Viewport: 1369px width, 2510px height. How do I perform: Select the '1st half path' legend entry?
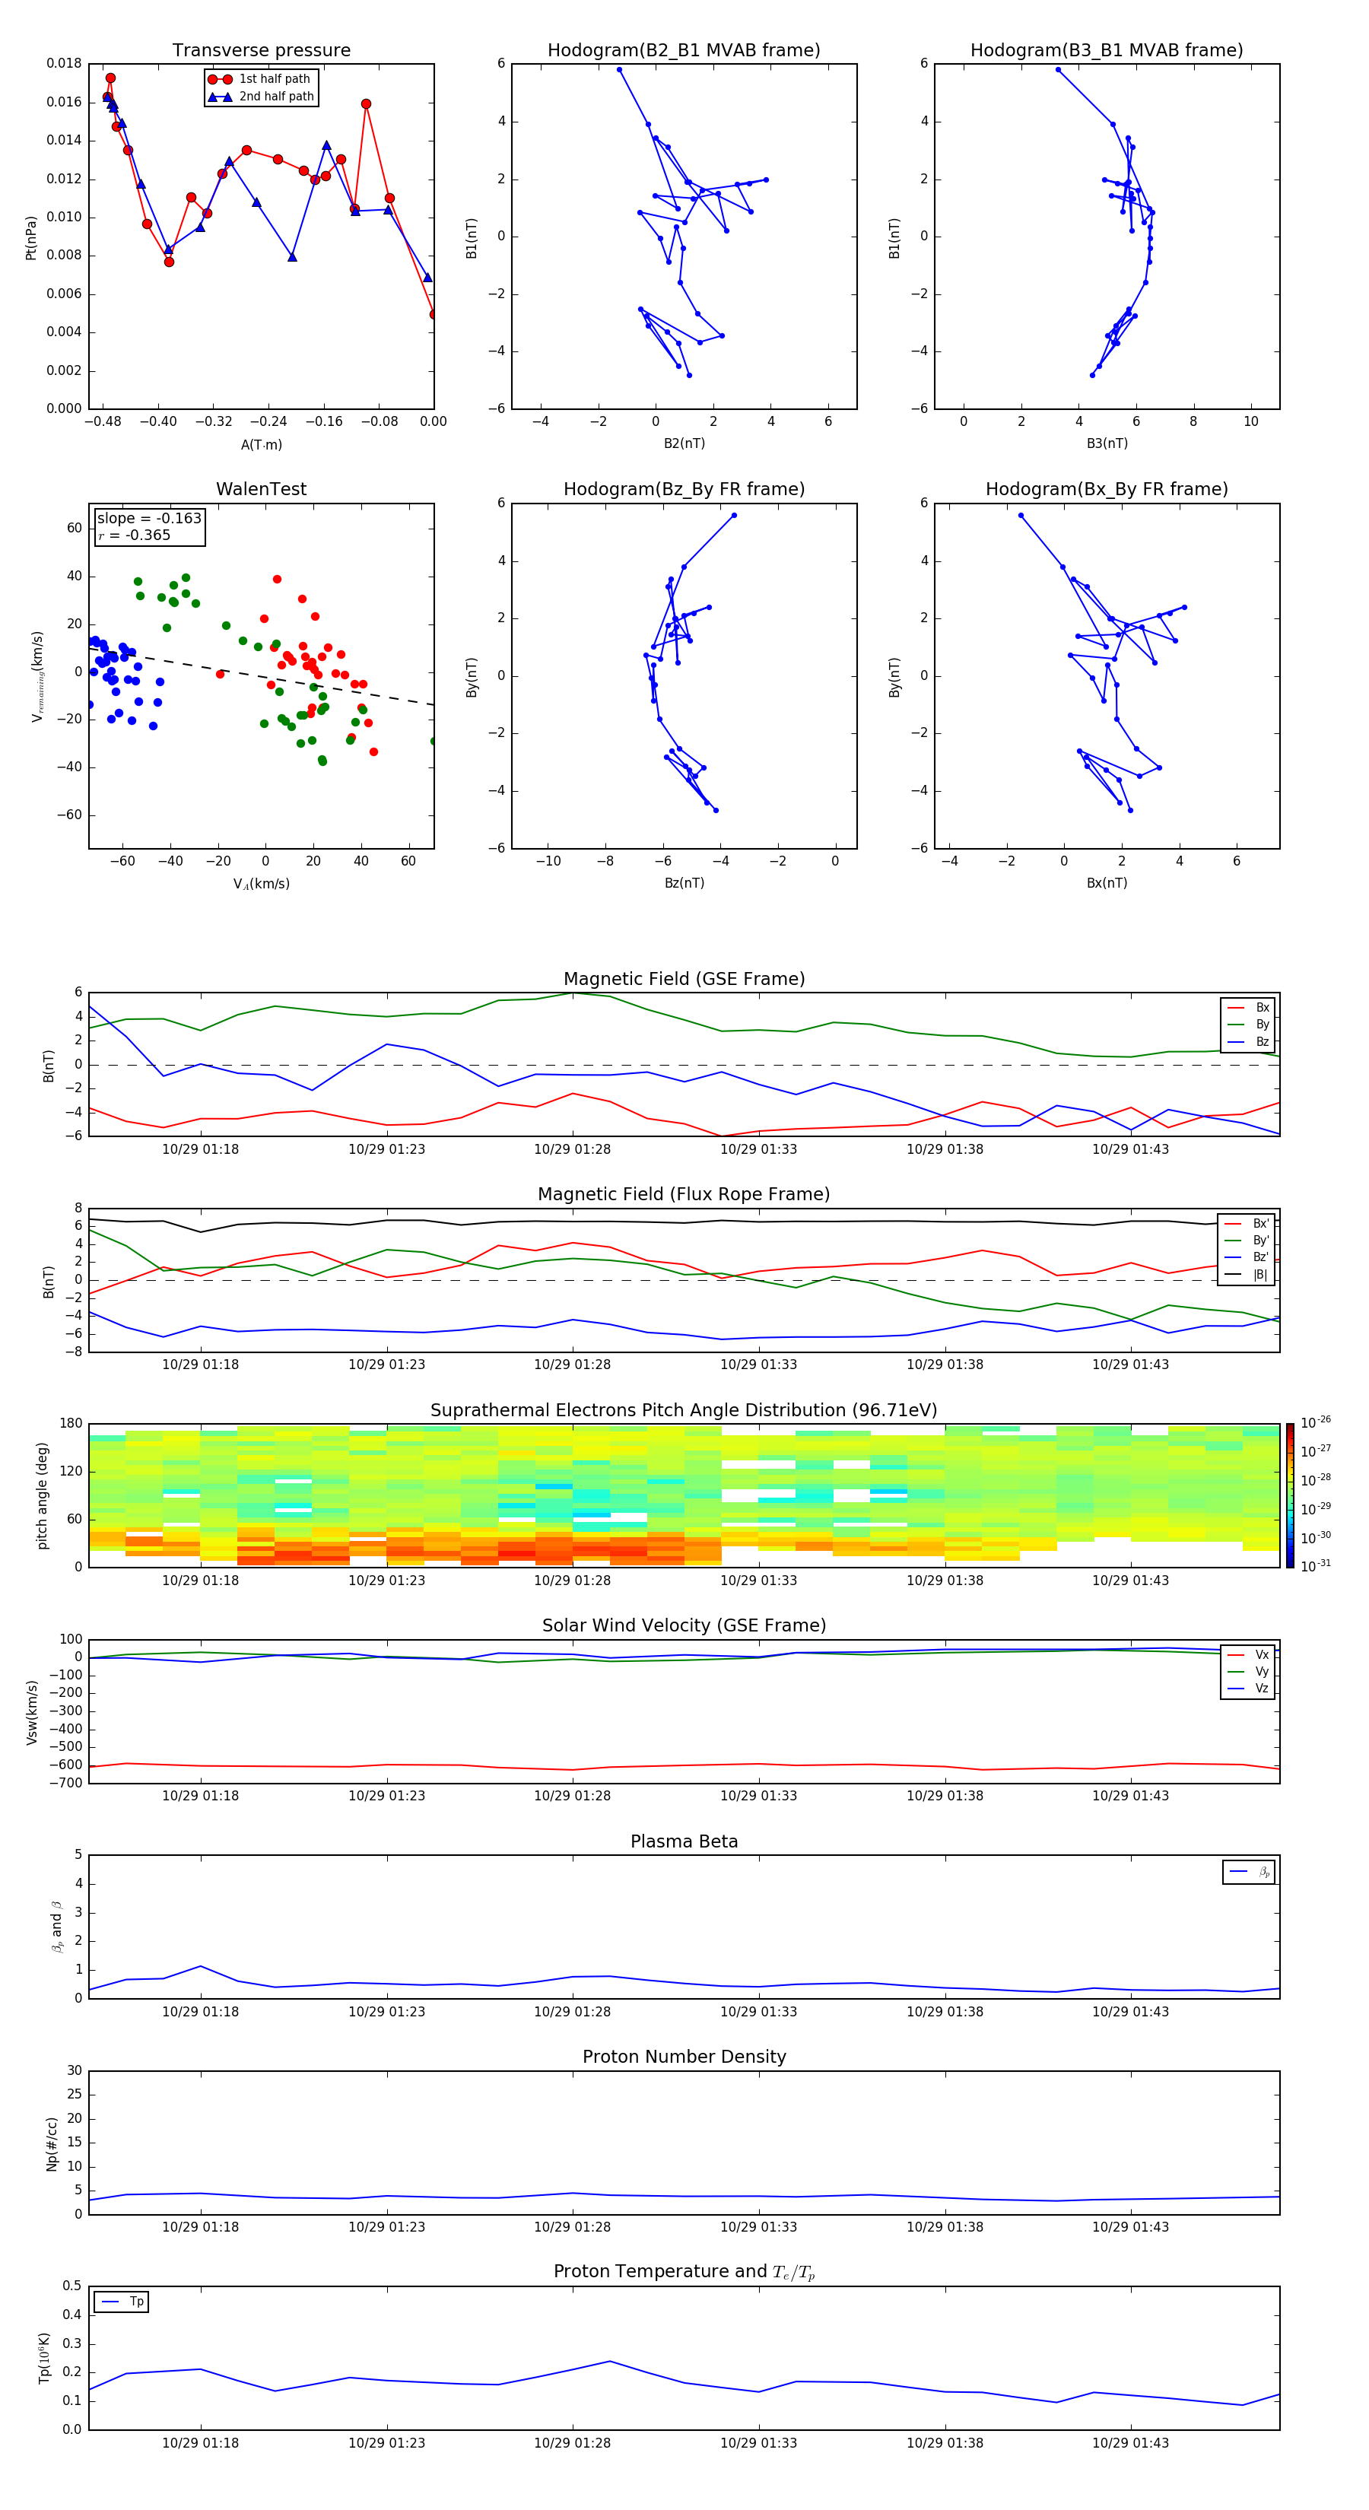[x=274, y=79]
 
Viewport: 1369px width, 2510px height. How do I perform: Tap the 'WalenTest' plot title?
[x=261, y=489]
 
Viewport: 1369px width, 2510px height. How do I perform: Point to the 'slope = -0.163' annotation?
[x=149, y=519]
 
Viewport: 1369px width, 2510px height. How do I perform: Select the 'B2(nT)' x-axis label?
[x=684, y=443]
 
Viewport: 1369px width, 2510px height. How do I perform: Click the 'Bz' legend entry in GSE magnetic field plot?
[x=1261, y=1041]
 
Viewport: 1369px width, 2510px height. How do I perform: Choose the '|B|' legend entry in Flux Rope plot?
[x=1259, y=1275]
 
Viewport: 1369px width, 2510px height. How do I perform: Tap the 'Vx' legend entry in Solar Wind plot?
[x=1261, y=1654]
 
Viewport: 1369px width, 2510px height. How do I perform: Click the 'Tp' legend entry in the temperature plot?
[x=135, y=2302]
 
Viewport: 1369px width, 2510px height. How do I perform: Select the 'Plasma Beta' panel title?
[x=684, y=1841]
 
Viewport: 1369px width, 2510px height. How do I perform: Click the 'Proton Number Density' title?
[x=684, y=2057]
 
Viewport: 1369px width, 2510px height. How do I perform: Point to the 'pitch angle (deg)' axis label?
[x=42, y=1495]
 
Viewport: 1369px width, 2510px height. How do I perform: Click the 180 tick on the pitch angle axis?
[x=71, y=1424]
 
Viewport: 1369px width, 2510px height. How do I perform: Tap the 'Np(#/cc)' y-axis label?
[x=52, y=2143]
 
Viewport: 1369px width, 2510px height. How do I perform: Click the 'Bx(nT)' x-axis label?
[x=1106, y=883]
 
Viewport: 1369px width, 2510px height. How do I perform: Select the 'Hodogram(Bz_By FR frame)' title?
[x=684, y=489]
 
